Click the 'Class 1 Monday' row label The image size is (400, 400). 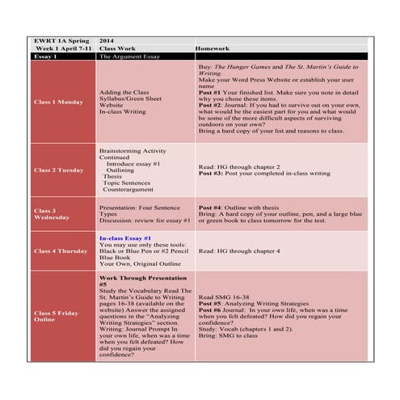pos(58,103)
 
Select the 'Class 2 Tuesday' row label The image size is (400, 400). pos(59,171)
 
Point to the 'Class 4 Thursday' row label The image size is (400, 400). pos(61,251)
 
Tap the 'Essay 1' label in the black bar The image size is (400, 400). pos(46,57)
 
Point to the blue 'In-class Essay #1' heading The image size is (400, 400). pos(125,239)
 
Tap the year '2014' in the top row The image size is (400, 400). pos(108,40)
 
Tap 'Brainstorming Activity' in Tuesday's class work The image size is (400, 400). pos(133,150)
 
